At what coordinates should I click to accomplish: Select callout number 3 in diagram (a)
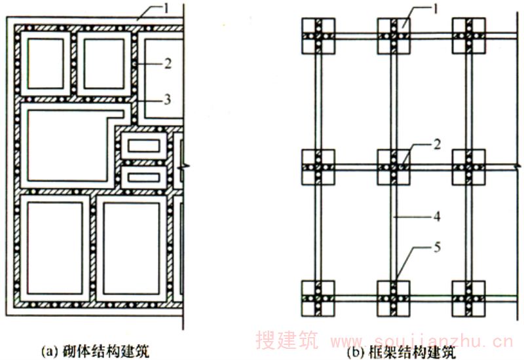coord(168,99)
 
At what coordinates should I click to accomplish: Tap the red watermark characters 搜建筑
coord(286,341)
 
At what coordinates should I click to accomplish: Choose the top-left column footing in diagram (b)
coord(318,35)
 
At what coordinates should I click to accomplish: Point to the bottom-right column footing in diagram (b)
coord(469,297)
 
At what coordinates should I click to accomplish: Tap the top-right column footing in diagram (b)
coord(469,35)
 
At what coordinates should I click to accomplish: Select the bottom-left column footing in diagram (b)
coord(318,297)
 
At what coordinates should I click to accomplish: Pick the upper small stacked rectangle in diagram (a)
coord(143,146)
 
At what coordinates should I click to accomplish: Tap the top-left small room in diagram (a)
coord(45,62)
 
